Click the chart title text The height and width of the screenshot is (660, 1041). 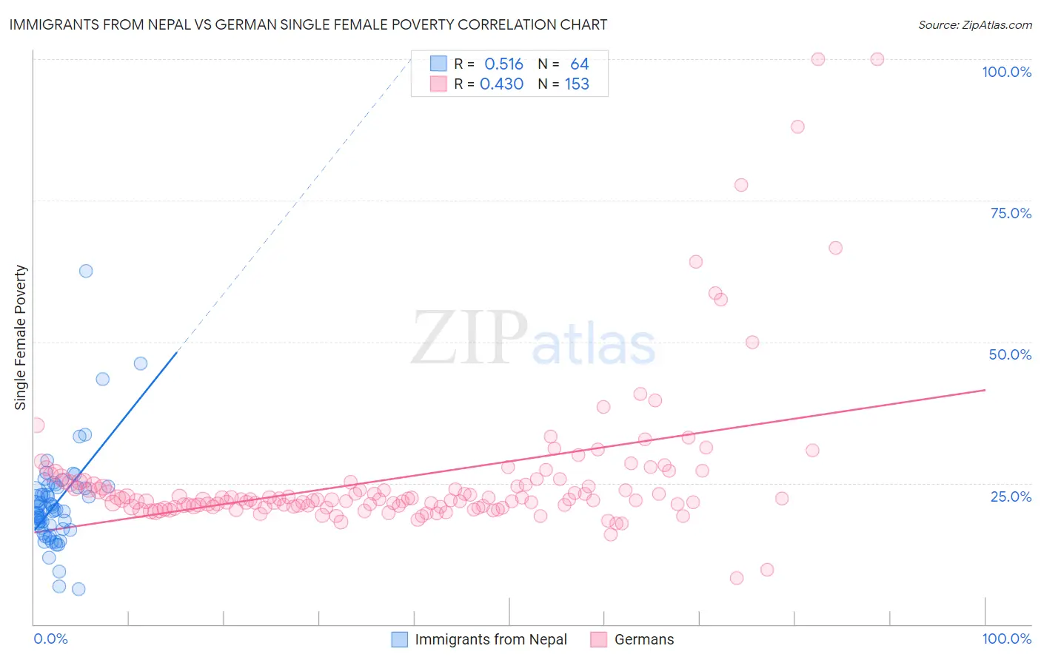pos(308,24)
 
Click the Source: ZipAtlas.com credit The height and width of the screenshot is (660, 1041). pos(974,24)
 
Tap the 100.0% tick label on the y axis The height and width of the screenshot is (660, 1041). pos(1006,72)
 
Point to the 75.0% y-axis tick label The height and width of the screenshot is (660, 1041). pos(1011,213)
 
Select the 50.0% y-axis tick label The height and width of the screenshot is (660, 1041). pos(1010,354)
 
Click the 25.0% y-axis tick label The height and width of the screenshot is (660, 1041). pos(1011,496)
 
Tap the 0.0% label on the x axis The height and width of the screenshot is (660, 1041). pos(50,639)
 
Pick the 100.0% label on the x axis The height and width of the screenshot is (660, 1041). pos(1006,639)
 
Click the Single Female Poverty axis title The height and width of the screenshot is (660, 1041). pos(21,337)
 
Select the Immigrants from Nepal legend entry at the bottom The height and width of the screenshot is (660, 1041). pos(490,639)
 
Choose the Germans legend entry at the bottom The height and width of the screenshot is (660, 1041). pos(643,639)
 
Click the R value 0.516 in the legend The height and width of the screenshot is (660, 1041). pos(503,64)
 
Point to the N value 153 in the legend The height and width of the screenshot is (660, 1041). pos(577,84)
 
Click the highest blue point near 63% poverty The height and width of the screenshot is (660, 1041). pos(86,271)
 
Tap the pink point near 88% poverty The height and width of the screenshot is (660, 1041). pos(797,127)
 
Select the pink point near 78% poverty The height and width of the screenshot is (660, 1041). pos(741,185)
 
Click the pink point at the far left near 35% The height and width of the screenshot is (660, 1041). pos(37,425)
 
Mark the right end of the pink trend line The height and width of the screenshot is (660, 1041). pos(985,390)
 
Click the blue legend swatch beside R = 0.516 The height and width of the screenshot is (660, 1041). pos(438,64)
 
